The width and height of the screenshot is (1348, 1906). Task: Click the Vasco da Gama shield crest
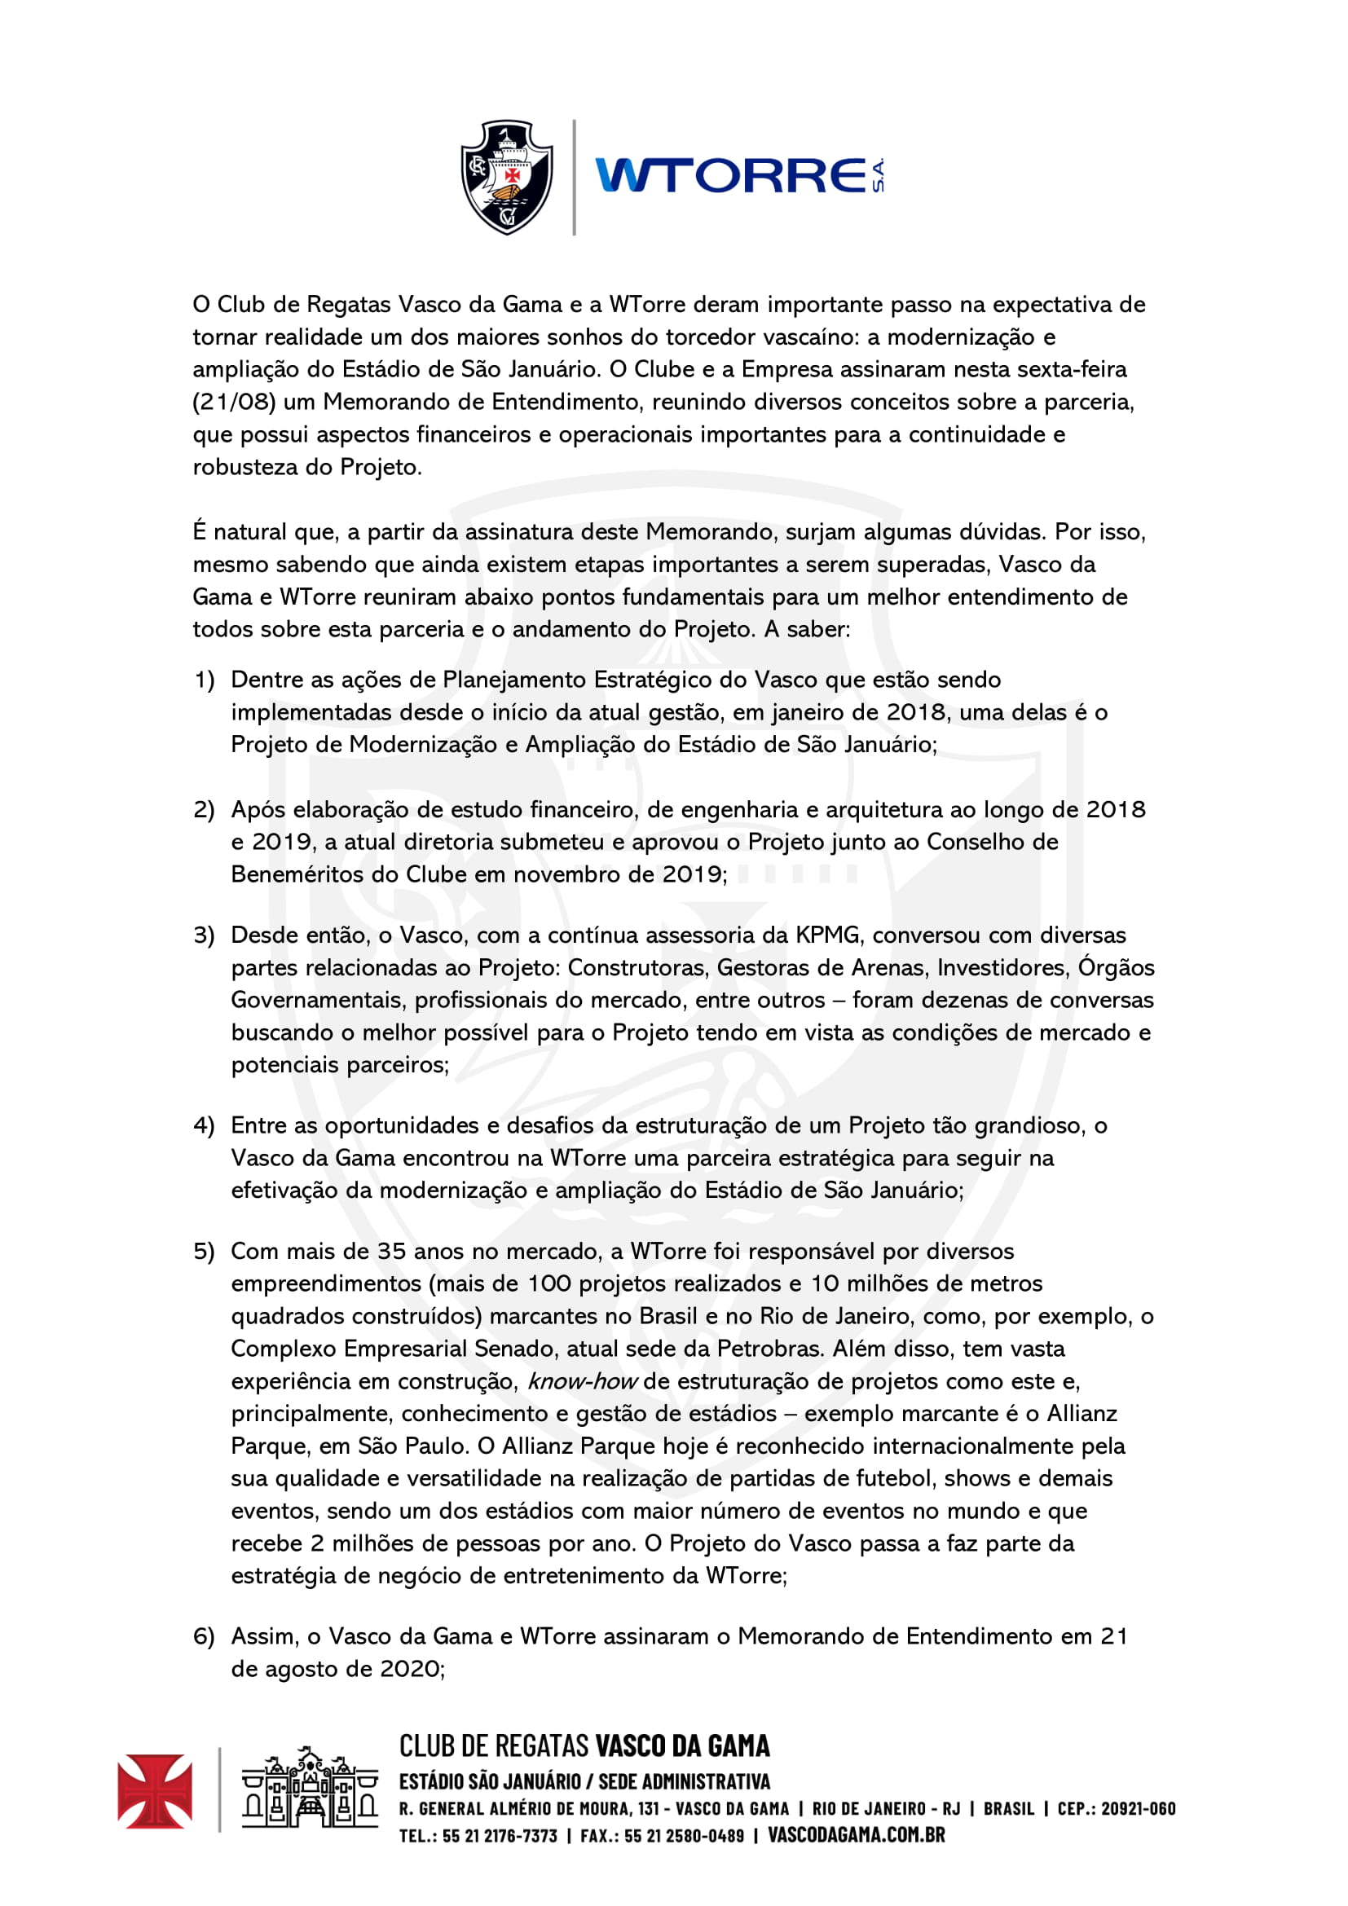(x=506, y=177)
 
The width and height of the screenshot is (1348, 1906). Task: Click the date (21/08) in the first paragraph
(x=234, y=402)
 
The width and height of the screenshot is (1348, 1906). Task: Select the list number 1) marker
(x=205, y=680)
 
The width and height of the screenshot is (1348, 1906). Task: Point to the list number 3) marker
(x=205, y=935)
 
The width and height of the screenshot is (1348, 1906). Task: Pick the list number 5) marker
(x=205, y=1251)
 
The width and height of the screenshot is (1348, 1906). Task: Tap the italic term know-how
(x=582, y=1380)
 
